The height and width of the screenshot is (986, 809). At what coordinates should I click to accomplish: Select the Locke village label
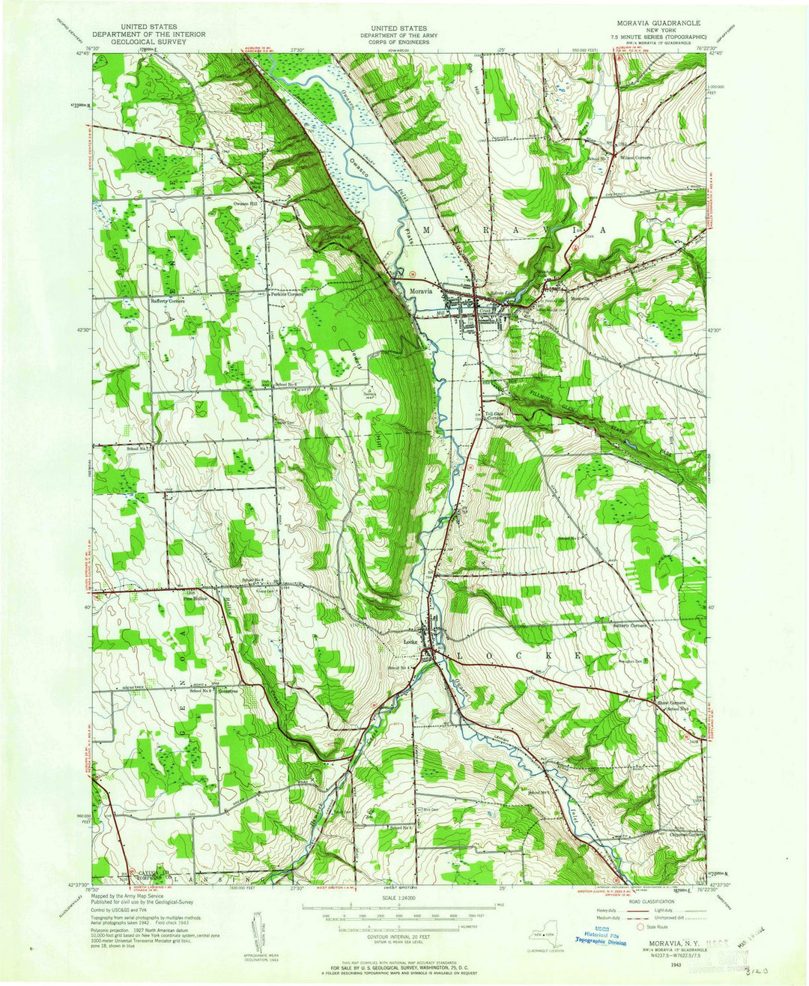click(x=410, y=642)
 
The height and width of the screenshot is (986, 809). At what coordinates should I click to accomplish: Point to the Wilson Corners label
click(x=634, y=158)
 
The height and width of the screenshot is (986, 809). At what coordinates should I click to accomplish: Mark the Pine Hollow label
click(x=195, y=598)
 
